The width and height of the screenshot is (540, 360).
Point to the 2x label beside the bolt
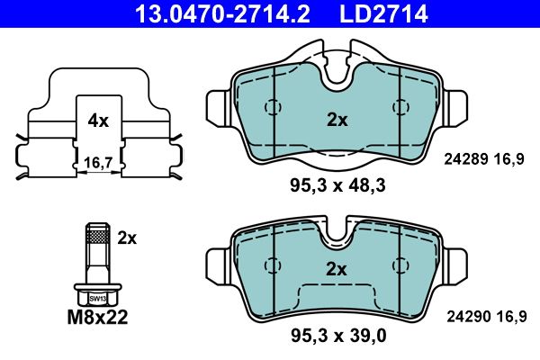[x=127, y=238]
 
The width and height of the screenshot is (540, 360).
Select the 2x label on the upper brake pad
[x=335, y=119]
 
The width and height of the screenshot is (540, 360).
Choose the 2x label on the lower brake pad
[x=335, y=268]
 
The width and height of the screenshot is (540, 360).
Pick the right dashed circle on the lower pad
[x=397, y=265]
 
